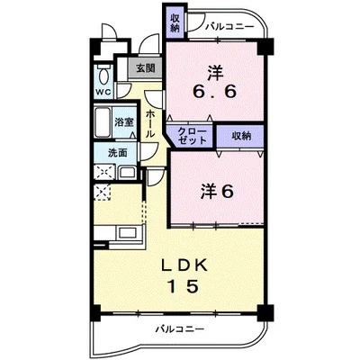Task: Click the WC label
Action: (103, 92)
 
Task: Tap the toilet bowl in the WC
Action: (104, 75)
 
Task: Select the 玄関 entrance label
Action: (146, 68)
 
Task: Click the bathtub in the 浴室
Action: (103, 122)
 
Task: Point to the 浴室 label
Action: (124, 122)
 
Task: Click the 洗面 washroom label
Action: (117, 153)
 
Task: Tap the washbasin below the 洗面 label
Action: (128, 173)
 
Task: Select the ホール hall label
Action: (150, 124)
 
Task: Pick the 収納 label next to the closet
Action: (241, 136)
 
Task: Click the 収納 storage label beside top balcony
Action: (175, 23)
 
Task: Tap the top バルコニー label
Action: (229, 27)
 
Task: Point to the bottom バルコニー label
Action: (180, 329)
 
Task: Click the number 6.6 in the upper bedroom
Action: (214, 91)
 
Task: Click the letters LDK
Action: (184, 265)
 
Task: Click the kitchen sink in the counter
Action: (128, 233)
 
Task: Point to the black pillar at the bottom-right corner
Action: (266, 313)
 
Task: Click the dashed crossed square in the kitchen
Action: (103, 193)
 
